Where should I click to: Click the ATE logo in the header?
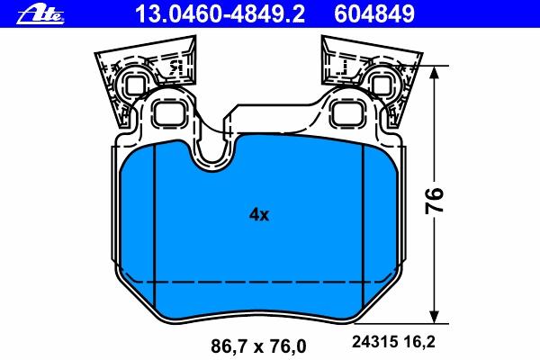coord(40,14)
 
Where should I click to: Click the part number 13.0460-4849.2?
coord(220,14)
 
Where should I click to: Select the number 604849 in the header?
coord(374,14)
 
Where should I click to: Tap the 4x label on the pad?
coord(259,214)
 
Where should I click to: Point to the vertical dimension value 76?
coord(434,201)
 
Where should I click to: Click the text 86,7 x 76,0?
coord(258,346)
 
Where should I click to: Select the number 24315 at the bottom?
coord(374,342)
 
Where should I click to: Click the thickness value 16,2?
coord(419,342)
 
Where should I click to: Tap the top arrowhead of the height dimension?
coord(435,72)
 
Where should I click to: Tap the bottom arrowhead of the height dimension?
coord(435,316)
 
